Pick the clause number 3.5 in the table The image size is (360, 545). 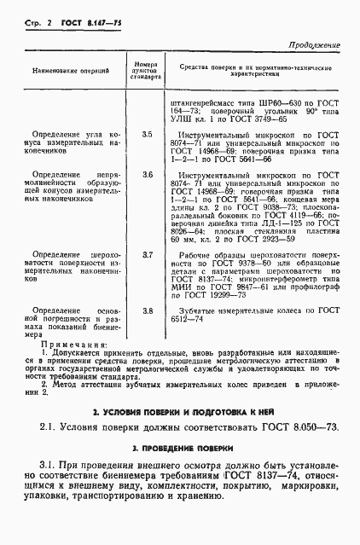click(148, 134)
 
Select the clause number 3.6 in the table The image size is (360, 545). click(148, 175)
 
